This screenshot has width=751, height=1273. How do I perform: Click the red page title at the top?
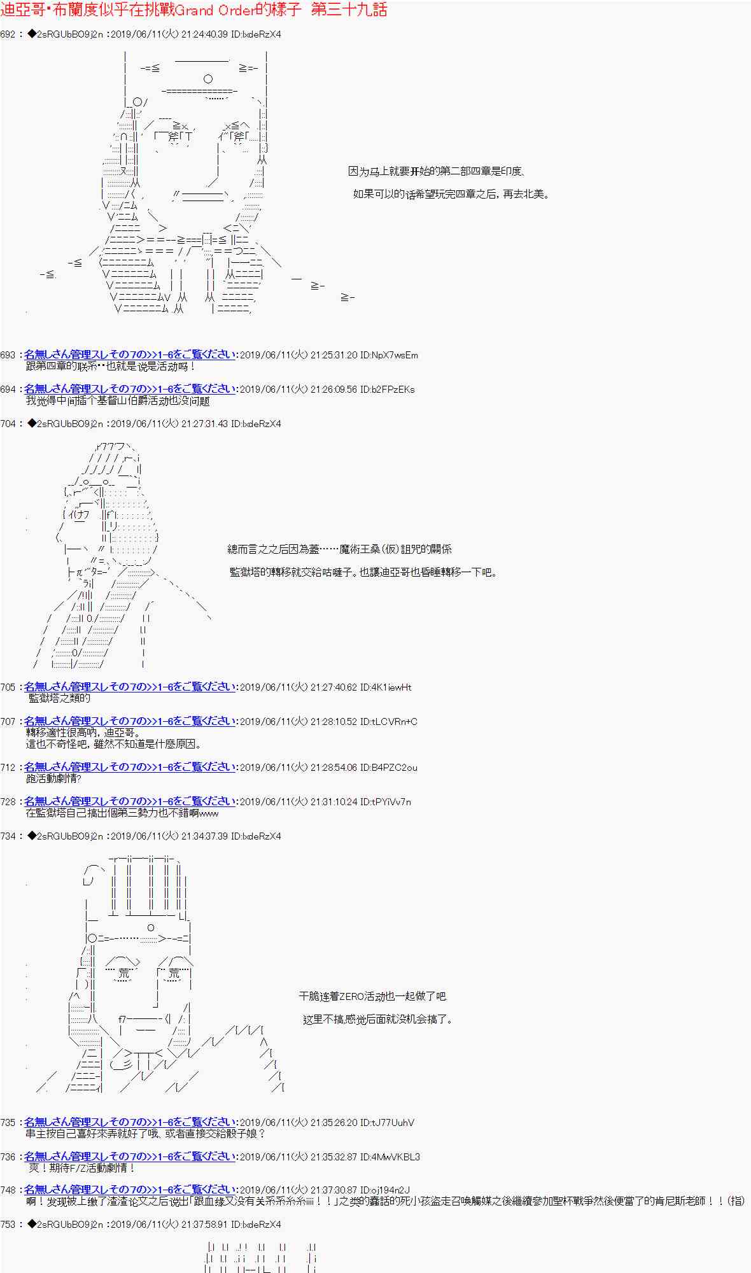(193, 10)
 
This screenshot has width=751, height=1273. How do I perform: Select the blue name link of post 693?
(130, 355)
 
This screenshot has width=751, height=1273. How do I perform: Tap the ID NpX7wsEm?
(389, 355)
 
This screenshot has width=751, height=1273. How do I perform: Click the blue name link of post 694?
(130, 389)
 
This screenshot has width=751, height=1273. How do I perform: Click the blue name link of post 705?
(130, 687)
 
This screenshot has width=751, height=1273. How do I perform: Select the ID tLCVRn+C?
(389, 722)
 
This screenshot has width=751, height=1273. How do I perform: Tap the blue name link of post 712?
(130, 767)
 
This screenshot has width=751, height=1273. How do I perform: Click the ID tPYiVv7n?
(386, 802)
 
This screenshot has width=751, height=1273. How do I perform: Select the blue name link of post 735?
(130, 1122)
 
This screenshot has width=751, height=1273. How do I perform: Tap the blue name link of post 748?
(130, 1190)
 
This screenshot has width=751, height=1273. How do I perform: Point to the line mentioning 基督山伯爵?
(118, 401)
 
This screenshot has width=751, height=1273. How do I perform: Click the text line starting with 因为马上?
(435, 171)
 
